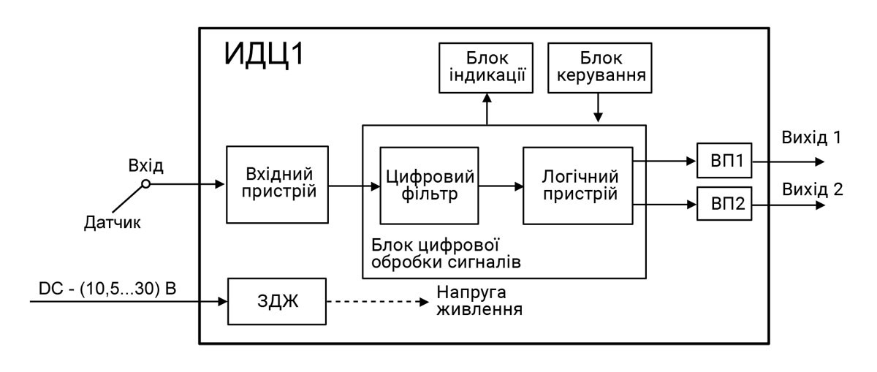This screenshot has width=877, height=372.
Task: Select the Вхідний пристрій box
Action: click(278, 185)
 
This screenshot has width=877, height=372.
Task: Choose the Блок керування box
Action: click(599, 68)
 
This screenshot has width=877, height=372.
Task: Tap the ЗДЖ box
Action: click(277, 300)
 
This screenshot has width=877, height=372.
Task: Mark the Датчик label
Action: click(110, 224)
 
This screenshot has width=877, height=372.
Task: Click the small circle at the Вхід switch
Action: click(146, 184)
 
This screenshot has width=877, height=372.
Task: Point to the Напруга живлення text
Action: click(478, 300)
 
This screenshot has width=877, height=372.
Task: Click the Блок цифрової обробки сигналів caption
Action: click(447, 252)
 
